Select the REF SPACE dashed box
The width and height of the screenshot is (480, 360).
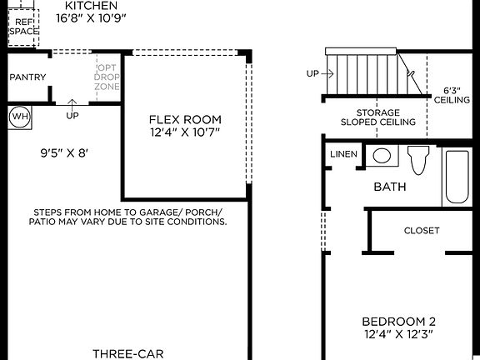pos(24,26)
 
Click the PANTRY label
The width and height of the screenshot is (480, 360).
pos(27,77)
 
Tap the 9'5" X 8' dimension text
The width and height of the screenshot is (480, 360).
pos(64,153)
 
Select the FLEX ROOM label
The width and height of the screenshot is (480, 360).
pos(185,119)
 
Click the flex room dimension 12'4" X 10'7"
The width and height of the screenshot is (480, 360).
pos(185,132)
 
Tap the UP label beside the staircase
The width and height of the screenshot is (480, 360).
pos(312,74)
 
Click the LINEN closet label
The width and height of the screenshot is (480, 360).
pos(343,154)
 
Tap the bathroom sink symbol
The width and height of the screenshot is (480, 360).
pos(382,155)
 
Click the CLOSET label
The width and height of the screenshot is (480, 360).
pos(421,231)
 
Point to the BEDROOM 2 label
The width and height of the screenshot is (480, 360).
pos(397,321)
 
